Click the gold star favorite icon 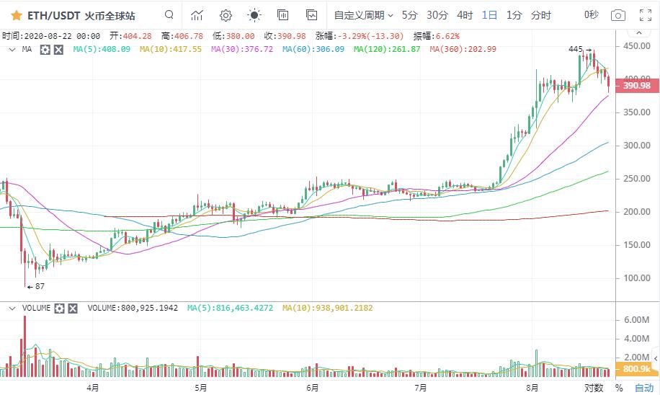point(16,14)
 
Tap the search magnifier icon point(169,14)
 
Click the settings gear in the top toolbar point(226,14)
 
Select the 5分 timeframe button point(409,14)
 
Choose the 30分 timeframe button point(437,14)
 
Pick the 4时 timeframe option point(465,14)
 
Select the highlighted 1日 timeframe point(489,14)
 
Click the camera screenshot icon point(617,14)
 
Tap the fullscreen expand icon point(646,14)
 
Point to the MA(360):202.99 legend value point(463,49)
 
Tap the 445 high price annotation point(575,49)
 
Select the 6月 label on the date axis point(312,387)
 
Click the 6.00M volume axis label point(638,319)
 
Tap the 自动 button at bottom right point(643,387)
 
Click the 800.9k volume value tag point(636,369)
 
